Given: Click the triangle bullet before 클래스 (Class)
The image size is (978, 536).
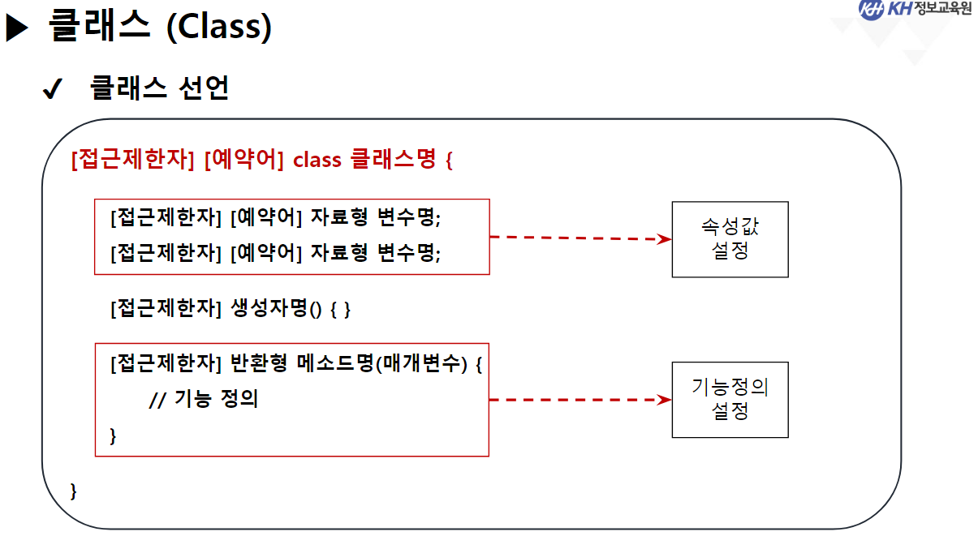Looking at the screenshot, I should (17, 28).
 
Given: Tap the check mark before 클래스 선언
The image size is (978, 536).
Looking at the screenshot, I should (52, 91).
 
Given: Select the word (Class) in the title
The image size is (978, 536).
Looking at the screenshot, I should (218, 28).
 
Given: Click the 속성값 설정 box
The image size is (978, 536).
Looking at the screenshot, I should (730, 239).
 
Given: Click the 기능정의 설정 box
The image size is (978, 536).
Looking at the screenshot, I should (730, 400).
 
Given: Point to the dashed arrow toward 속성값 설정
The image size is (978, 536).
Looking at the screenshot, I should (579, 238).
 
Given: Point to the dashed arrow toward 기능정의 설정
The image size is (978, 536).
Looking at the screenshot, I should (579, 400).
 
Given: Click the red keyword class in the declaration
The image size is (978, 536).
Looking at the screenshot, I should (317, 160).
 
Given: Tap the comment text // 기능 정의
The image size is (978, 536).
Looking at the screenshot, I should (204, 400).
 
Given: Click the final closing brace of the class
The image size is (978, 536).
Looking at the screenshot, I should (74, 491).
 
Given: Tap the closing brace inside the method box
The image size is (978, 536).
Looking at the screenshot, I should (113, 435).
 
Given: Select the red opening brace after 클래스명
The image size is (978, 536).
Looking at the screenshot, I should (448, 160).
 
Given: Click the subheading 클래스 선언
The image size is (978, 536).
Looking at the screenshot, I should (159, 88).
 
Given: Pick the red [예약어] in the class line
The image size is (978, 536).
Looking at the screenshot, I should (243, 160).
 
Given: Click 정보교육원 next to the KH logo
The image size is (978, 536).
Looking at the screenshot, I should (941, 10).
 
